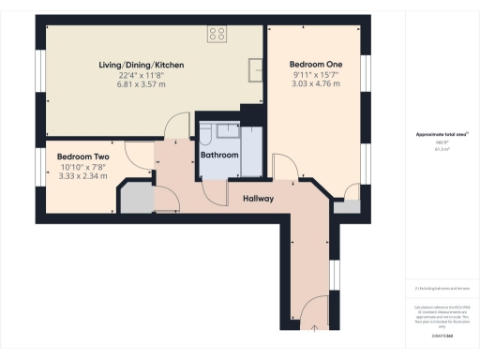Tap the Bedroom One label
point(314,64)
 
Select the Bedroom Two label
point(82,157)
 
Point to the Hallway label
point(259,199)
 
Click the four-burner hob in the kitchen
point(217,34)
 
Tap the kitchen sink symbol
point(255,67)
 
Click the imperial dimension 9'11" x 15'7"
point(314,75)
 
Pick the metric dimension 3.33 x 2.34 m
point(82,176)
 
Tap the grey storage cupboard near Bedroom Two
point(137,199)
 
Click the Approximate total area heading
point(442,134)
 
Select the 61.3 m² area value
point(442,149)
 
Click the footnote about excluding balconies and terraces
point(442,288)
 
